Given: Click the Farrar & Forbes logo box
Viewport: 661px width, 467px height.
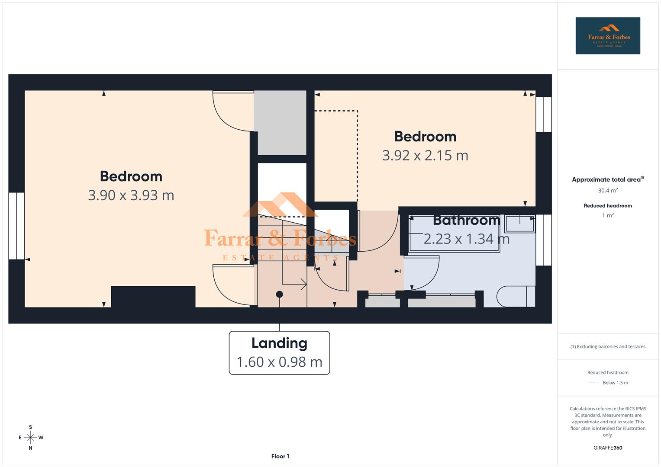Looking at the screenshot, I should pos(607,36).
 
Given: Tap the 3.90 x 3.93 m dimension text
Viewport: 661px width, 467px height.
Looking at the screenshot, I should pos(131,195).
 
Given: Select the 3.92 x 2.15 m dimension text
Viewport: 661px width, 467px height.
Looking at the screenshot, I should pos(425,155).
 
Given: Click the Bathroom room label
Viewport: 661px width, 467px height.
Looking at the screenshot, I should pos(466,220).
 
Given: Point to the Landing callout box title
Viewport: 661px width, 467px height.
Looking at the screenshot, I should pos(279,343).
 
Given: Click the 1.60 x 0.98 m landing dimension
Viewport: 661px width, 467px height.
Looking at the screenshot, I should pos(279,362).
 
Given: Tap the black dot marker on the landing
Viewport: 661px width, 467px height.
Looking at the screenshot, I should pos(280,294).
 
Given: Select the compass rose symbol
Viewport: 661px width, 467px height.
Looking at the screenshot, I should pos(30,438).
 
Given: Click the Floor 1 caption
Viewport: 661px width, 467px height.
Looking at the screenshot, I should pos(280,456).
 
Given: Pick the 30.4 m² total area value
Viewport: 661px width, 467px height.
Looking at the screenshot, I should pos(607,191).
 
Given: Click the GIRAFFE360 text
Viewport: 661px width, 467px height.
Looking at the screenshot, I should pos(607,448).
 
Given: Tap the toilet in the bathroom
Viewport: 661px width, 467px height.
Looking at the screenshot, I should pos(515,297).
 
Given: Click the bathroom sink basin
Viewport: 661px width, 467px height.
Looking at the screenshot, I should pos(519,224).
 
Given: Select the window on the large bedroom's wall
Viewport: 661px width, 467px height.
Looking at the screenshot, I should pos(16,226).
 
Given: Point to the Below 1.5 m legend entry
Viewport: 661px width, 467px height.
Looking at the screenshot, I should pos(615,383).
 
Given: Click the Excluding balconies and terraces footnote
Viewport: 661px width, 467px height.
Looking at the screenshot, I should pos(607,347).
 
